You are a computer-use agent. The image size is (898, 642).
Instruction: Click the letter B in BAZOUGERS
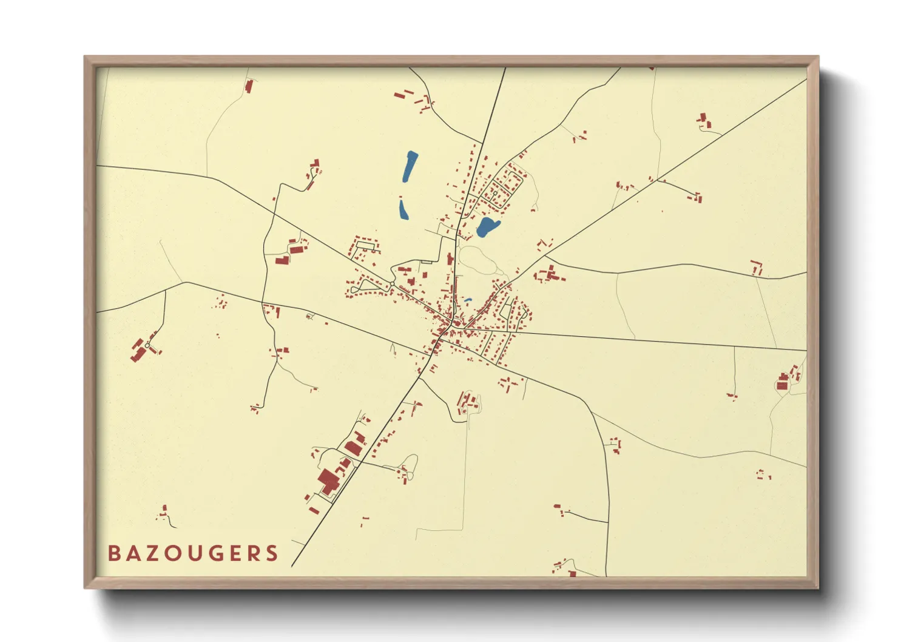(x=113, y=553)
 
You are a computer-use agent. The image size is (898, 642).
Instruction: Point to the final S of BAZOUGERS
(x=272, y=553)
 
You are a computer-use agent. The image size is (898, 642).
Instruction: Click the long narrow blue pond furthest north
(x=410, y=166)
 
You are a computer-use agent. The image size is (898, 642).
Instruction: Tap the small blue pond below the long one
(x=403, y=209)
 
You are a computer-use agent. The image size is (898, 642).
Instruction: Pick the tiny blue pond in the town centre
(x=468, y=300)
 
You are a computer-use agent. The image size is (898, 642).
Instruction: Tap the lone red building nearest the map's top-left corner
(x=249, y=86)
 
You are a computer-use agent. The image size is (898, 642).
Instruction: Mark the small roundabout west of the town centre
(x=392, y=284)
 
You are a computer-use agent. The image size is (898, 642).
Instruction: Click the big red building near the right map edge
(x=782, y=385)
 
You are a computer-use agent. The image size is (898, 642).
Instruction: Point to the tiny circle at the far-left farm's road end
(x=147, y=345)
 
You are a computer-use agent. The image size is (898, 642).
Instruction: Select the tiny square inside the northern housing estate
(x=495, y=193)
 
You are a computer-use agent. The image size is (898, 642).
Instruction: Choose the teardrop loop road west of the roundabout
(x=364, y=285)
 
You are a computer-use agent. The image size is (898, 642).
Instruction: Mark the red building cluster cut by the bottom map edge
(x=570, y=572)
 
